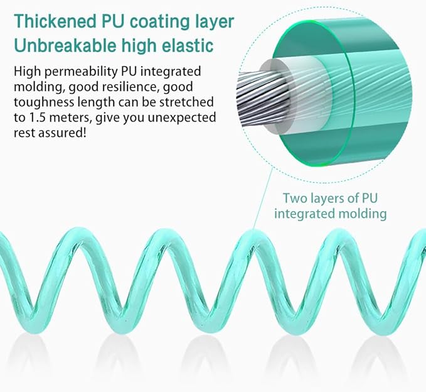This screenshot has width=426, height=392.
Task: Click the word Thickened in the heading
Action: pyautogui.click(x=55, y=21)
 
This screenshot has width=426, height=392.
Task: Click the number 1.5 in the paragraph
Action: pyautogui.click(x=36, y=118)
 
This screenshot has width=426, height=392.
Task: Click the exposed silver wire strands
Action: pyautogui.click(x=261, y=98)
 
